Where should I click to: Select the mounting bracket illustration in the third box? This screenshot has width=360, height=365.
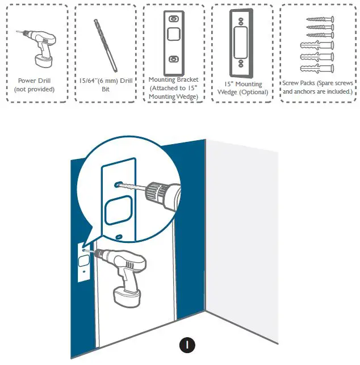[x=173, y=40]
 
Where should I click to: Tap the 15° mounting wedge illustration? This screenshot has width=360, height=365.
[x=241, y=43]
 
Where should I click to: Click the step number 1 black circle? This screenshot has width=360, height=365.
[x=187, y=345]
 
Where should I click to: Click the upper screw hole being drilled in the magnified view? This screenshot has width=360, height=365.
[x=118, y=184]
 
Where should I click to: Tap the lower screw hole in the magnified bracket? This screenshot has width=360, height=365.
[x=119, y=235]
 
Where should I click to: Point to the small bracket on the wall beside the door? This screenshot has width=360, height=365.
[x=83, y=262]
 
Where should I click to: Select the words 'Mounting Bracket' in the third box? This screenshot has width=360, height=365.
[x=174, y=79]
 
